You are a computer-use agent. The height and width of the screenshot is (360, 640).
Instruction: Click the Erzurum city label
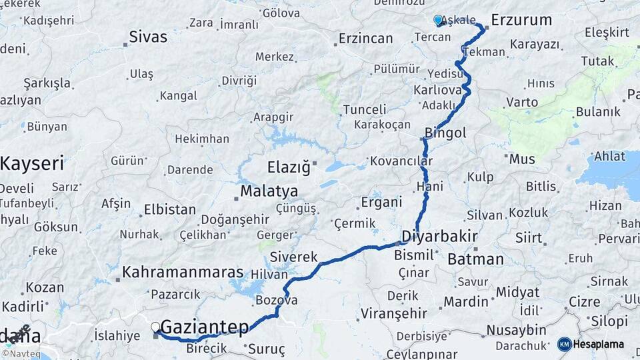point(521,20)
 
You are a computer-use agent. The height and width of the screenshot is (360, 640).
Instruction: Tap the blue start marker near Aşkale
point(438,20)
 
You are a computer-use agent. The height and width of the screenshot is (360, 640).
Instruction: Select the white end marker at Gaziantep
point(155,327)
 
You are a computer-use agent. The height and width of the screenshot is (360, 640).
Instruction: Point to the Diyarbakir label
point(440,237)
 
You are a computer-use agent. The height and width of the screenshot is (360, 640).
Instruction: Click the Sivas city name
point(148,37)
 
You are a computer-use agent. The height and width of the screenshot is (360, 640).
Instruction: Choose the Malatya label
point(269,191)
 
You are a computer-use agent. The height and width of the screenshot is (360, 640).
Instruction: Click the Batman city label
point(475,259)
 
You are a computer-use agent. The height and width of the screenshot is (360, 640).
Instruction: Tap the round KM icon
point(564,344)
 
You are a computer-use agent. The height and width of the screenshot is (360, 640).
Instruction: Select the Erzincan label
point(365,39)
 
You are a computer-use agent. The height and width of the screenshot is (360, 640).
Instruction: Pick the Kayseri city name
point(31,163)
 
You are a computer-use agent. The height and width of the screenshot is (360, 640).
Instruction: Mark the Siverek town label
point(293,257)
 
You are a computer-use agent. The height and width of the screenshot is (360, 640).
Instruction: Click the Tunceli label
point(365,110)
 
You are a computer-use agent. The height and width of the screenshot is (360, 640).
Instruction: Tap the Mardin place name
point(466,302)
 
